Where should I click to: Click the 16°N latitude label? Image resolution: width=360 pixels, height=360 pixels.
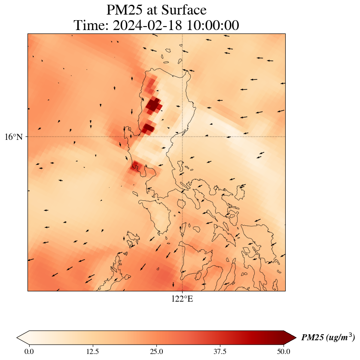16,137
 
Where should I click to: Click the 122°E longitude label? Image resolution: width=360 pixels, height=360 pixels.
182,299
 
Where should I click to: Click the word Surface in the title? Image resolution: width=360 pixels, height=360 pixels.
184,10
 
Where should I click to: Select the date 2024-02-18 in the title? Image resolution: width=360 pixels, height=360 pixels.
145,25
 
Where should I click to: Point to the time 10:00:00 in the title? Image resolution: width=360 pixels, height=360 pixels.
211,25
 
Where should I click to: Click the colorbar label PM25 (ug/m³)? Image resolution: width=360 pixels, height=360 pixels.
328,338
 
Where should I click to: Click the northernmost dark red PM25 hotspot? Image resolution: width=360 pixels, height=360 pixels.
154,104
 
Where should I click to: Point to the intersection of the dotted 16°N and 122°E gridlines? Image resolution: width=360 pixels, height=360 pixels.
183,137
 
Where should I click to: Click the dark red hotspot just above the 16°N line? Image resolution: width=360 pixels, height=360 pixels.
148,128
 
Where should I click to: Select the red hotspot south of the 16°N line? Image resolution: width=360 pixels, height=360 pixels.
136,166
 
